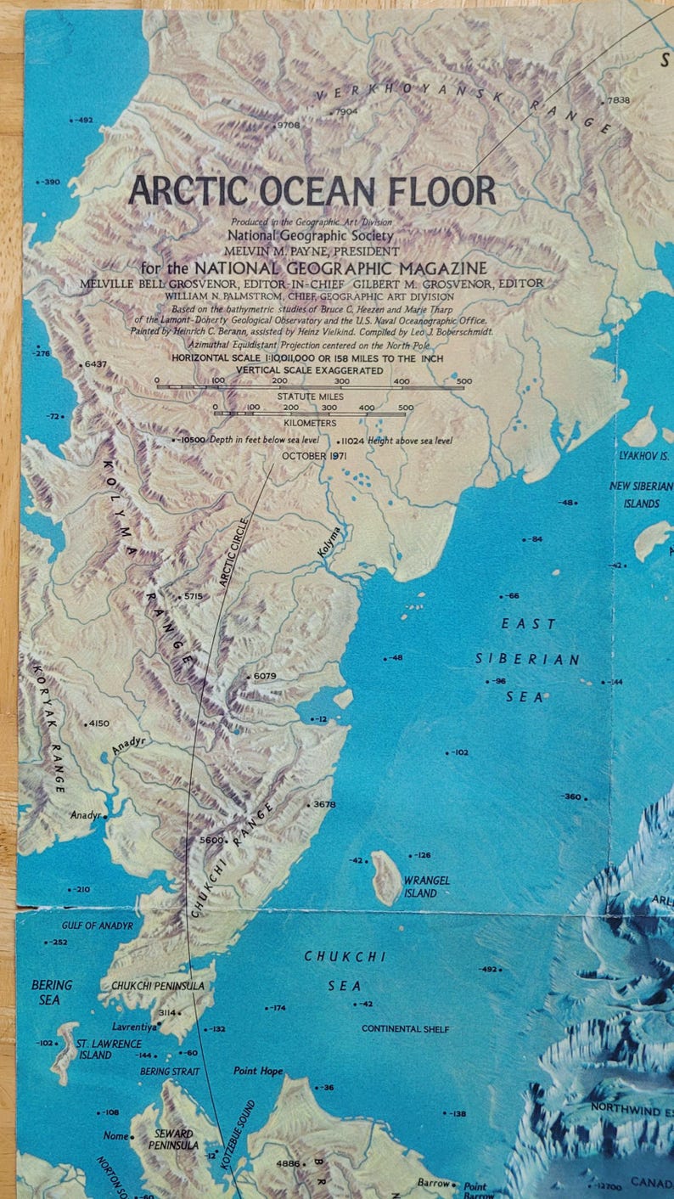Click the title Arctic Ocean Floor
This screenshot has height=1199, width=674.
[x=312, y=190]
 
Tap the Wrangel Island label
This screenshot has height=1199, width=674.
[x=426, y=887]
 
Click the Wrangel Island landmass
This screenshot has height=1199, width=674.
[x=387, y=878]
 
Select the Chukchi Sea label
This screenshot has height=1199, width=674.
[x=345, y=971]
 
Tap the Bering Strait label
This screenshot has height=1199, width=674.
[x=170, y=1072]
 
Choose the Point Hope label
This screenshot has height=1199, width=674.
[x=258, y=1071]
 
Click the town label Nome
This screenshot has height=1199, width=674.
[x=115, y=1135]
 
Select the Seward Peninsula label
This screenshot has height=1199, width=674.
[x=174, y=1140]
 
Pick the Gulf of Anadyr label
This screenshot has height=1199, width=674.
[x=98, y=926]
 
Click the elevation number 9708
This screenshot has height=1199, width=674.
[x=288, y=126]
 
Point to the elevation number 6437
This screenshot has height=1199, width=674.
[x=96, y=363]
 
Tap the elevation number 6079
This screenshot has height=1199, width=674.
[x=265, y=676]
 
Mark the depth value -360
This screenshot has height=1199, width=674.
[x=571, y=797]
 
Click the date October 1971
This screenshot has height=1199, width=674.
[x=315, y=456]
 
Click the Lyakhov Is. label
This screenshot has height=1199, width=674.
[x=644, y=455]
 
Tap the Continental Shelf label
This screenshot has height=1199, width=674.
[x=405, y=1029]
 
